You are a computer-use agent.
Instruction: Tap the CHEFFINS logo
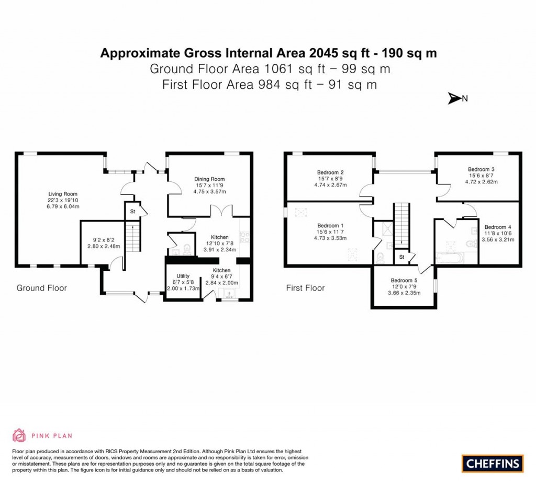coord(493,463)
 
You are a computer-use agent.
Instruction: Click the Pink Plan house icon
coord(19,435)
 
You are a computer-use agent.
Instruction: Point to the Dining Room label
coord(209,179)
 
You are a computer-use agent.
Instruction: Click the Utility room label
coord(183,275)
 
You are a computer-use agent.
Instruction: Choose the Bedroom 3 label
coord(481,169)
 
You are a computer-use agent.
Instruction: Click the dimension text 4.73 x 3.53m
coord(330,238)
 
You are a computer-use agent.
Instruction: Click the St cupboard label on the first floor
coord(401,257)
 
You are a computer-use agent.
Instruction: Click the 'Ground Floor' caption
coord(42,288)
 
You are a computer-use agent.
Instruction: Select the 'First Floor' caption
coord(305,288)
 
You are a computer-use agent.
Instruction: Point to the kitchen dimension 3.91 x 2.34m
coord(220,250)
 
